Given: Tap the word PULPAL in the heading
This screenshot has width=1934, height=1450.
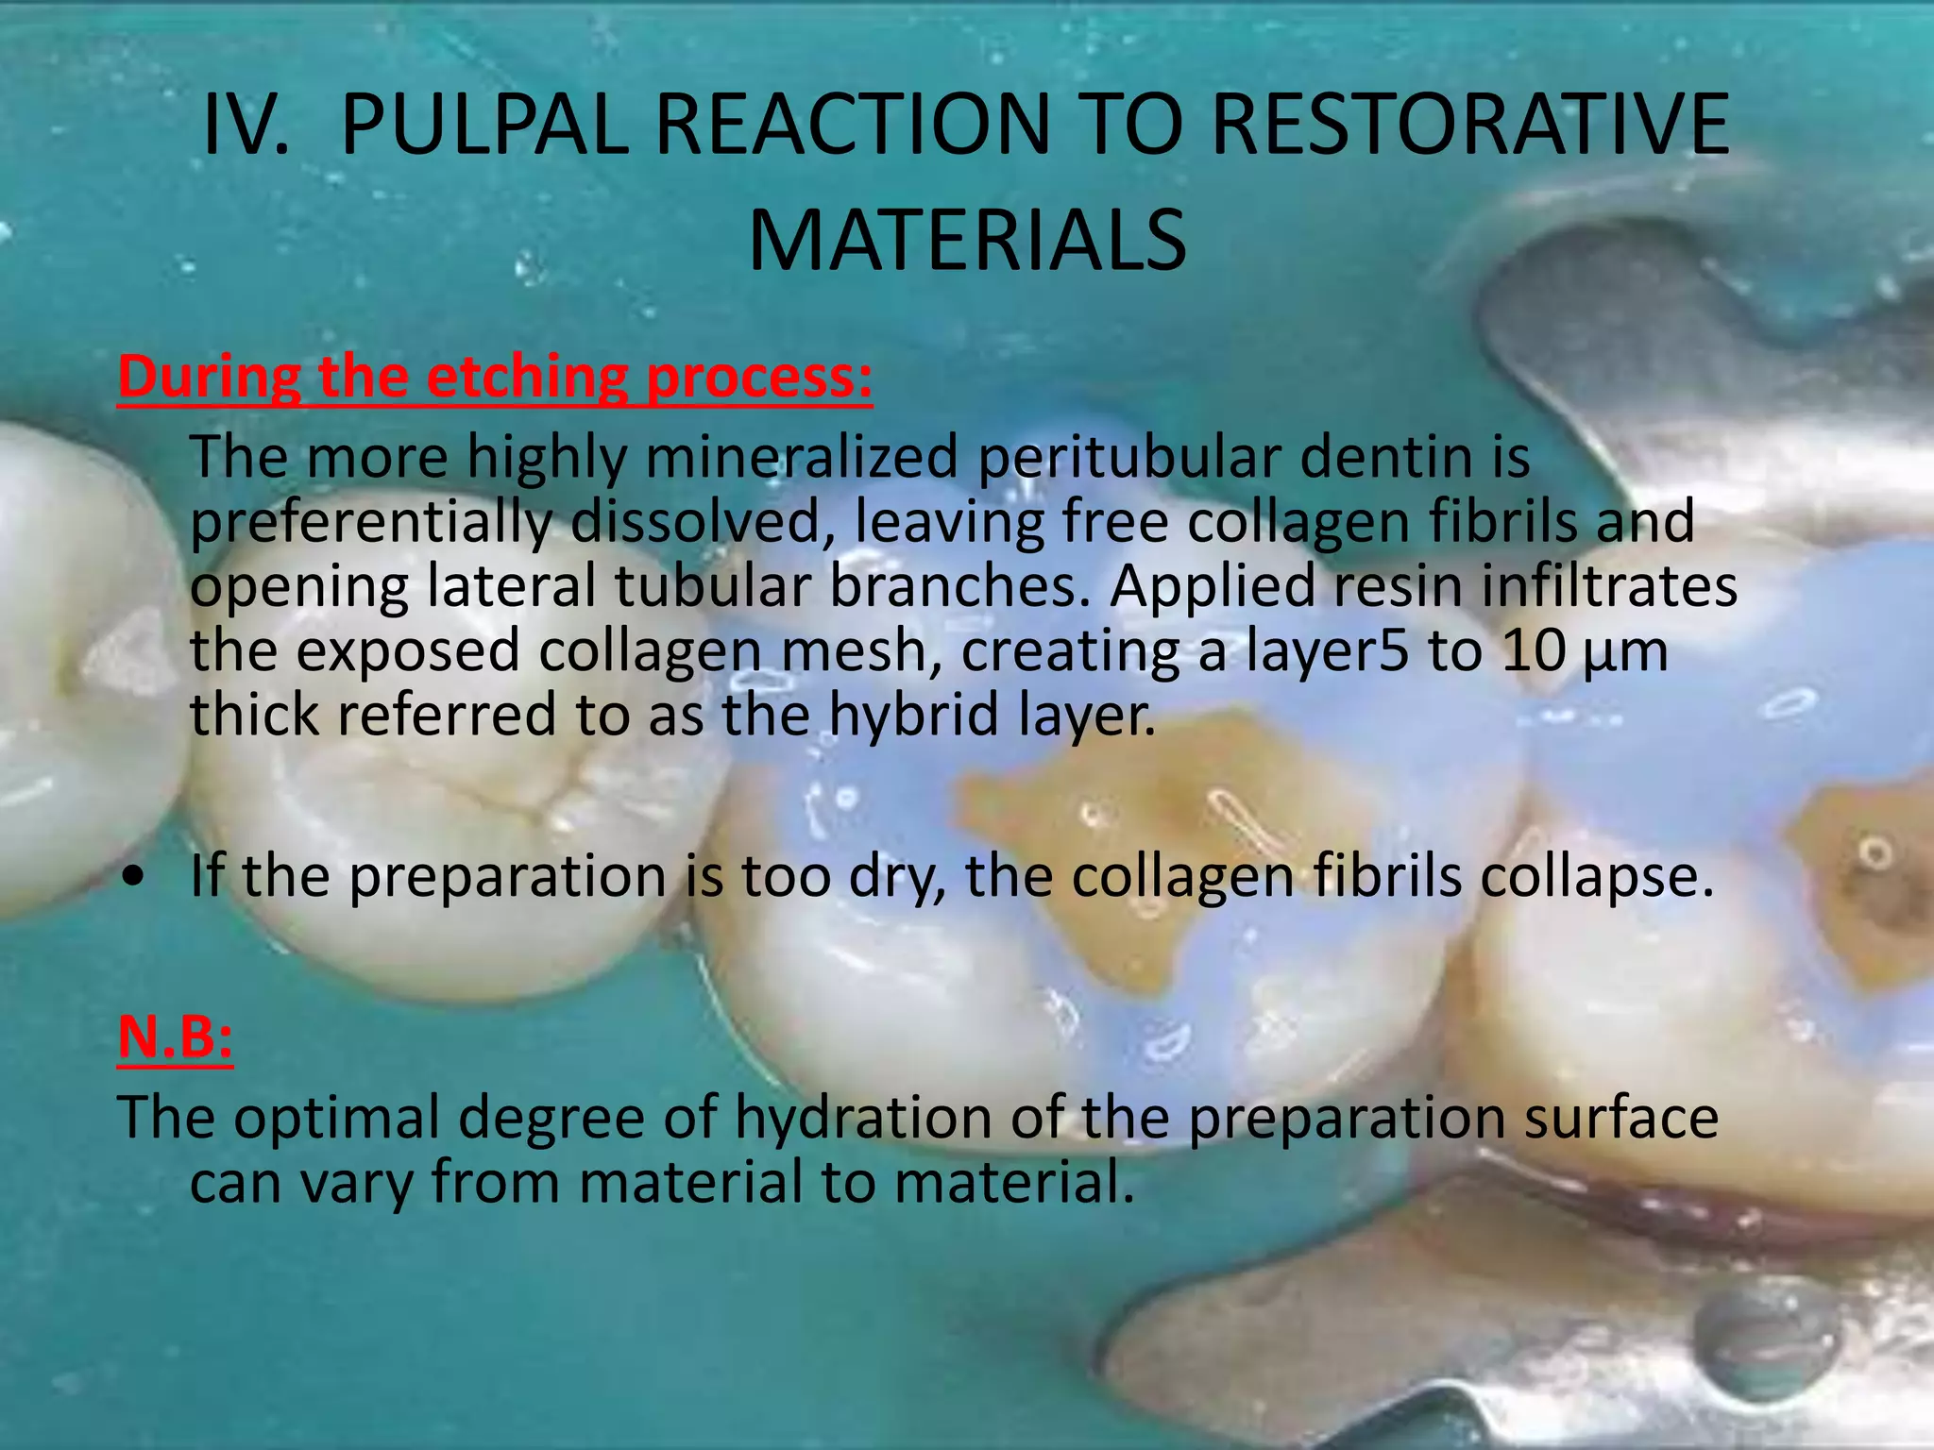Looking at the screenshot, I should pyautogui.click(x=482, y=126).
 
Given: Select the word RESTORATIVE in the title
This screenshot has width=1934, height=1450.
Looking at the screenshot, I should pyautogui.click(x=1469, y=126).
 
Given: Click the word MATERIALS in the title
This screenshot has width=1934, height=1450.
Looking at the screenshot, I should pyautogui.click(x=967, y=241).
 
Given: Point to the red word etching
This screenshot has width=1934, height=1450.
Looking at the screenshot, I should pyautogui.click(x=527, y=377).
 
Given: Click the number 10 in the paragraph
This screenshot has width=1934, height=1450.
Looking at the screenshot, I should pyautogui.click(x=1534, y=650).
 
